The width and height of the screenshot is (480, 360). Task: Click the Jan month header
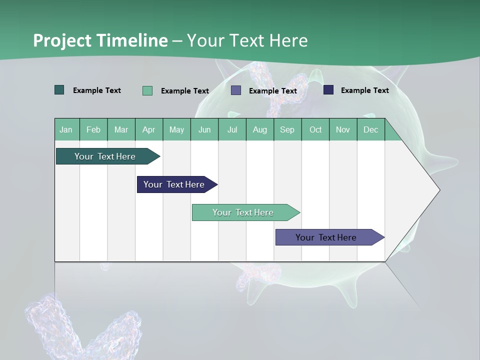coord(66,129)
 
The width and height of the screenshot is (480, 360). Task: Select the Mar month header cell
coord(121,129)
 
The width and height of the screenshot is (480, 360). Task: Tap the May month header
coord(176,129)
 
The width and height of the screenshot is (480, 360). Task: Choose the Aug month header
coord(259,129)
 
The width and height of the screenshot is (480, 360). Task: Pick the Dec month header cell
coord(370,129)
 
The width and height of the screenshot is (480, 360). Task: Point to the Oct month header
coord(315,129)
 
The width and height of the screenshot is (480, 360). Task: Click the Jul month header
coord(232,129)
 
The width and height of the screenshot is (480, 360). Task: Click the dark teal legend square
coord(59,90)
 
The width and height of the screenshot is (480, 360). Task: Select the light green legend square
coord(147,90)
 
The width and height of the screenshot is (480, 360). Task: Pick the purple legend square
coord(236,90)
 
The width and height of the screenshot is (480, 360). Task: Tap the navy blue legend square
coord(328,90)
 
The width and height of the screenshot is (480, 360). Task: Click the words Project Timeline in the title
coord(100,40)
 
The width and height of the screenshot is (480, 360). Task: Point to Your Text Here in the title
coord(247,40)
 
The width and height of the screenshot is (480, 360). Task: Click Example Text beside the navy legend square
coord(364,90)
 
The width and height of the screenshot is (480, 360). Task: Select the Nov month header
coord(343,129)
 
